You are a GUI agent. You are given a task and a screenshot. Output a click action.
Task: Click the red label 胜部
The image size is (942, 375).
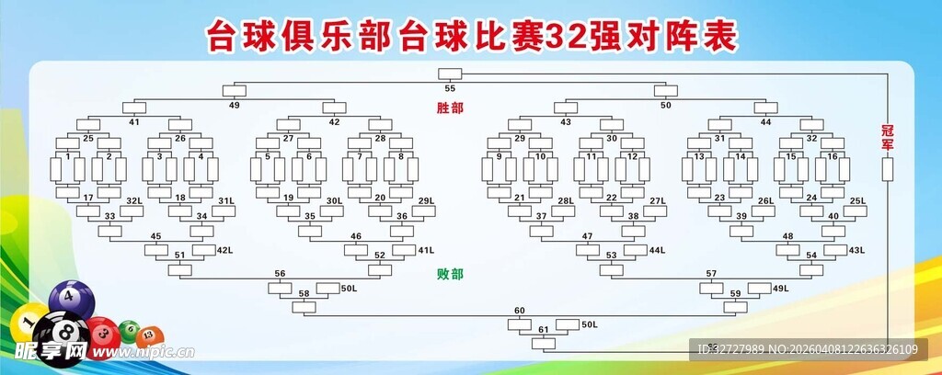click(x=450, y=108)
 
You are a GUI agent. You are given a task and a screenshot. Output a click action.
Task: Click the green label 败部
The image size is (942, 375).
click(x=450, y=274)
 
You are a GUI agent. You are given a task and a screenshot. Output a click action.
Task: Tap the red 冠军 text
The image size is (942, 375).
click(x=888, y=137)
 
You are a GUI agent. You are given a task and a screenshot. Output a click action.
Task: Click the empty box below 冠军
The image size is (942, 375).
click(x=888, y=169)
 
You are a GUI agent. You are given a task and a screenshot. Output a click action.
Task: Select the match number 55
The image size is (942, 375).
click(x=450, y=88)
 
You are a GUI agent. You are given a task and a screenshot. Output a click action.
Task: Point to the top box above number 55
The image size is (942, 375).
click(x=450, y=74)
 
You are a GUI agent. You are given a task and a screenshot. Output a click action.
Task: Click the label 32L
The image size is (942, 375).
click(x=133, y=200)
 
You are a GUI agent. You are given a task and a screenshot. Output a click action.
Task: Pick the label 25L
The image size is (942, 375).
click(x=857, y=200)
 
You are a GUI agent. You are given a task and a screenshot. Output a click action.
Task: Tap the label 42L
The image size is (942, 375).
click(x=224, y=250)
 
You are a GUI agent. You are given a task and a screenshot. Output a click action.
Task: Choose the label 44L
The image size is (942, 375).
click(x=656, y=250)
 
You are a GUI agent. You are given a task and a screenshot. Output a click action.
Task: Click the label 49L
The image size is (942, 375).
click(x=780, y=289)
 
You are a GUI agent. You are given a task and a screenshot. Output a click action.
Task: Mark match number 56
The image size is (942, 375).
click(x=280, y=274)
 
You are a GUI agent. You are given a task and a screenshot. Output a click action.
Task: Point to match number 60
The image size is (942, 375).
click(x=519, y=311)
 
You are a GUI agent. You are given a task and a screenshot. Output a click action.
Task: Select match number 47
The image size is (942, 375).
click(x=587, y=236)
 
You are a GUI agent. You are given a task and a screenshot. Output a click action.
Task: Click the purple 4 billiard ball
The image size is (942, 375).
click(x=67, y=297)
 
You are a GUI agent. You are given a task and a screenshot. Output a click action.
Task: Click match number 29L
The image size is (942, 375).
click(x=425, y=200)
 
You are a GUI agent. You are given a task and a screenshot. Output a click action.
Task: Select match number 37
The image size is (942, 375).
click(x=542, y=217)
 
